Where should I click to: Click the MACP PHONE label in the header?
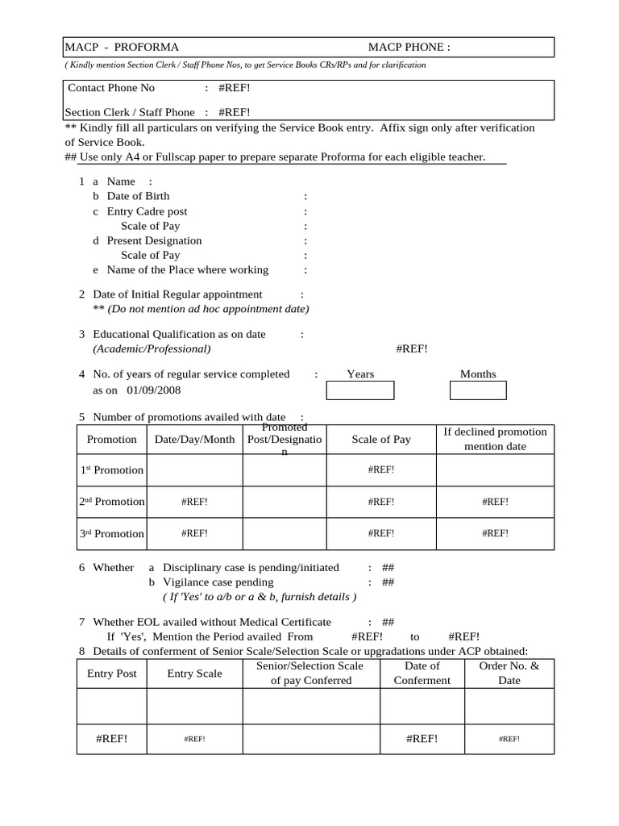click(x=409, y=48)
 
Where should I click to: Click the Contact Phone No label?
click(x=111, y=88)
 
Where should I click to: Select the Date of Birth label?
click(x=138, y=196)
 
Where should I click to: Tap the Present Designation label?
click(x=154, y=240)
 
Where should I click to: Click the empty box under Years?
click(x=359, y=391)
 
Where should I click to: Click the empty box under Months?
click(x=477, y=391)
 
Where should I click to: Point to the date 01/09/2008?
click(x=153, y=390)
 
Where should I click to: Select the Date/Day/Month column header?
click(x=194, y=440)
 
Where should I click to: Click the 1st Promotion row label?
click(x=111, y=470)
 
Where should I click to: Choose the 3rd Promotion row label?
click(x=111, y=534)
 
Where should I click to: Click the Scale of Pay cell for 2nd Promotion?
click(x=380, y=502)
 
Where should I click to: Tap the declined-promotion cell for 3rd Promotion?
click(x=495, y=534)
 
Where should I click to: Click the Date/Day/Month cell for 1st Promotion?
click(x=194, y=470)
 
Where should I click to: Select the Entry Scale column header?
click(x=194, y=674)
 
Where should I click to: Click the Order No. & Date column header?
click(x=509, y=673)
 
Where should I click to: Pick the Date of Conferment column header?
click(x=422, y=673)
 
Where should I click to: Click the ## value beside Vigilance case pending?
click(x=388, y=582)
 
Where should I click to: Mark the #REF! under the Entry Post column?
click(x=111, y=739)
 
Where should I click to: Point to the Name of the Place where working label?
click(x=187, y=270)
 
